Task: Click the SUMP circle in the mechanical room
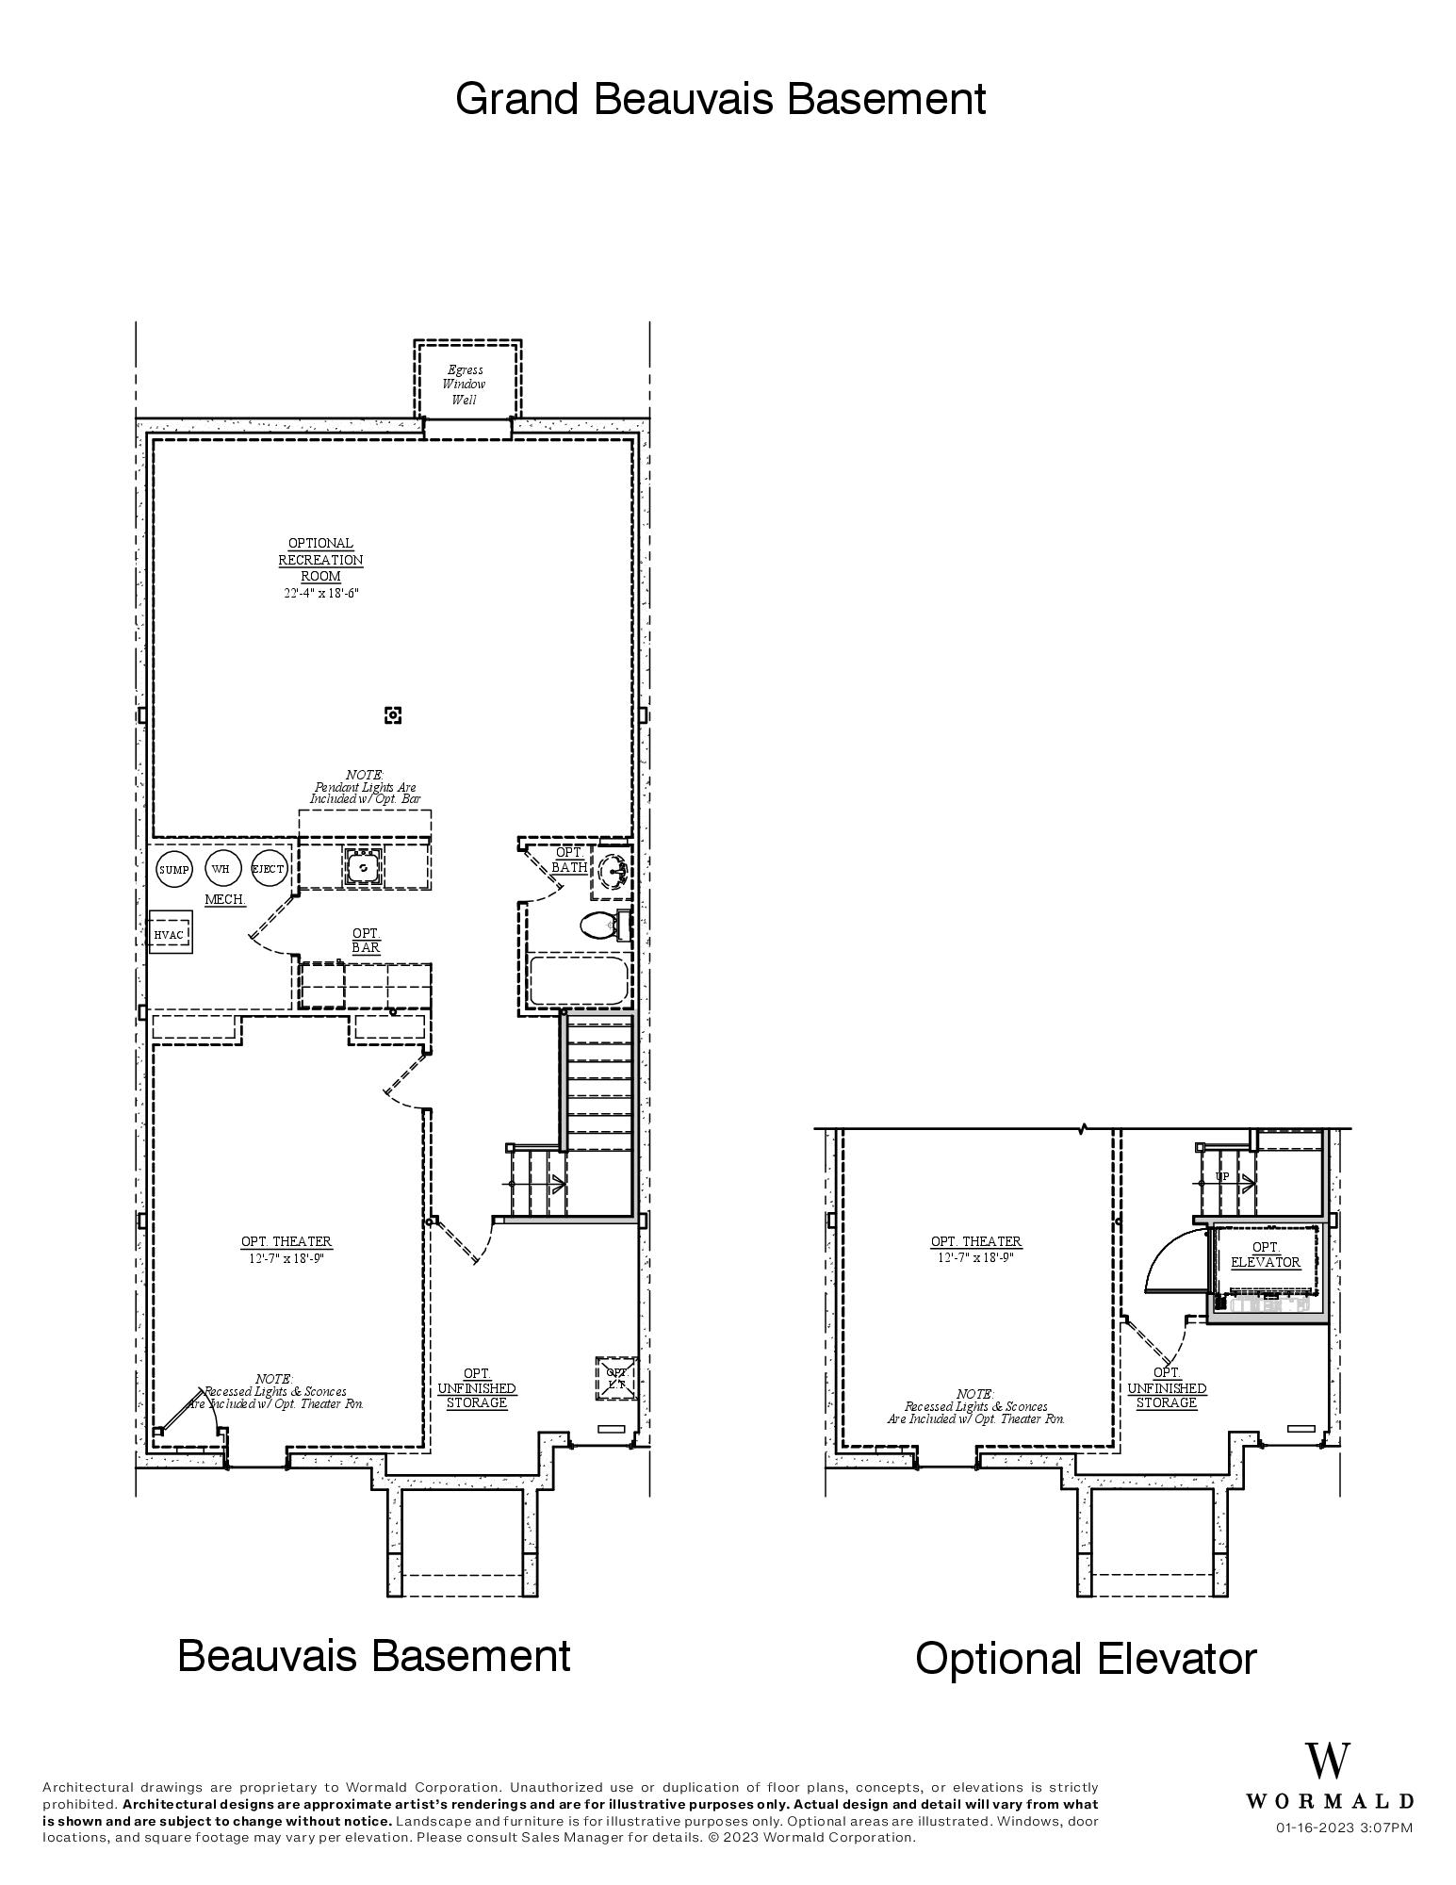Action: [x=173, y=870]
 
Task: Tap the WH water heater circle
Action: [x=221, y=869]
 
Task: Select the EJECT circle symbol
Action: [x=269, y=869]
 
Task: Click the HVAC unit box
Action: [x=171, y=933]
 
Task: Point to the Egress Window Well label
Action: [x=465, y=385]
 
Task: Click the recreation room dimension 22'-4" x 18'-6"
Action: [x=320, y=593]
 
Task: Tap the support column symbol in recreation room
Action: [x=393, y=715]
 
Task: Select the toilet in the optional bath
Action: [x=601, y=925]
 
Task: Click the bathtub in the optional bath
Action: [x=579, y=981]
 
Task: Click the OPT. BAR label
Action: [x=366, y=940]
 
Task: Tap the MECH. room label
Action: [x=225, y=899]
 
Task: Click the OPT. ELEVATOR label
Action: [x=1265, y=1254]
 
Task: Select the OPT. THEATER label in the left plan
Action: [x=286, y=1241]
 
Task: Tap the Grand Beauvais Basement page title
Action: [x=720, y=99]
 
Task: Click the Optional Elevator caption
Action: [x=1085, y=1659]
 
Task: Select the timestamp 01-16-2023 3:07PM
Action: [x=1344, y=1828]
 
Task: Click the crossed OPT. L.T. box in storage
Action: [x=616, y=1378]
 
